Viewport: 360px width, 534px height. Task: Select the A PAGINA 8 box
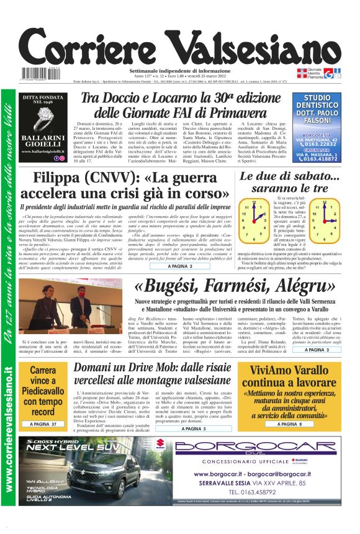288,424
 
